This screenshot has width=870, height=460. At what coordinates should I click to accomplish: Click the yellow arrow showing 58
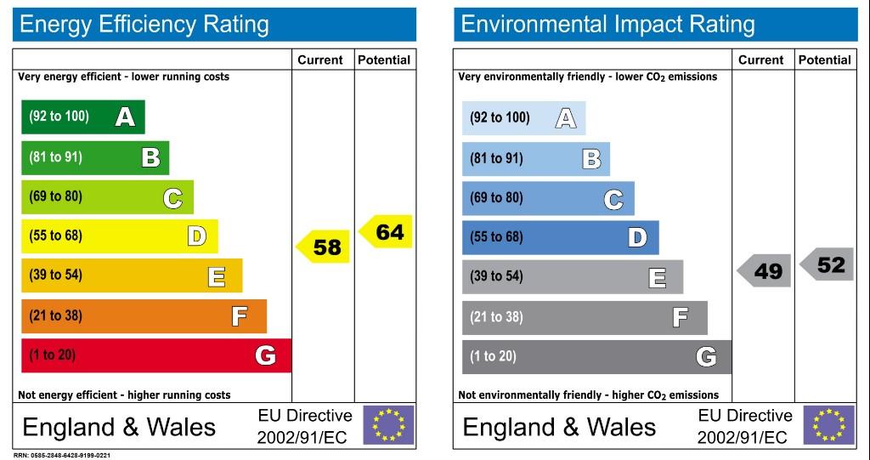(322, 247)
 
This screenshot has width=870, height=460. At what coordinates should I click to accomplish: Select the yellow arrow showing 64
(386, 231)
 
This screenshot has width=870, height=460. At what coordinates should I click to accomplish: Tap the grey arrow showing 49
(764, 270)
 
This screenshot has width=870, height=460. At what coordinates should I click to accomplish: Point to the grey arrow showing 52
(826, 264)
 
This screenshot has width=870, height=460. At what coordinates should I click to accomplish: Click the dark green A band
(83, 117)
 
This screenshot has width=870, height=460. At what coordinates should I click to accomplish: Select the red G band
(156, 355)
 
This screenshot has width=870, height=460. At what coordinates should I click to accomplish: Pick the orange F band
(144, 316)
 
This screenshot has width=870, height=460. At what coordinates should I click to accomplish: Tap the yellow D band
(120, 236)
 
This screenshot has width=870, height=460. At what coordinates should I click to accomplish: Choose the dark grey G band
(597, 357)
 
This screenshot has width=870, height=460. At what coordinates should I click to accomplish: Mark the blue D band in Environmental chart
(561, 238)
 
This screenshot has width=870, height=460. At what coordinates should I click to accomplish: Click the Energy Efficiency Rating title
(144, 25)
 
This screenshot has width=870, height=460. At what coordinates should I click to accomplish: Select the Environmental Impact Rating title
(607, 25)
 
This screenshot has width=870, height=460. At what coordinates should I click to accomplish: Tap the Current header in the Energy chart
(320, 60)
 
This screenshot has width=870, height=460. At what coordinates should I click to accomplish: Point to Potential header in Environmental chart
(824, 60)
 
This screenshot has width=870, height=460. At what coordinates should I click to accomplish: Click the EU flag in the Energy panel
(388, 425)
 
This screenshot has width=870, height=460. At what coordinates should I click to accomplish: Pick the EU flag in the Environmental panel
(829, 425)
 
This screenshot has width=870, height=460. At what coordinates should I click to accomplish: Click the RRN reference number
(61, 456)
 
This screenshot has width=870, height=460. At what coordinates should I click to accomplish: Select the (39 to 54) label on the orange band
(55, 275)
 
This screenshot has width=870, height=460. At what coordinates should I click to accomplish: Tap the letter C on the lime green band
(172, 198)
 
